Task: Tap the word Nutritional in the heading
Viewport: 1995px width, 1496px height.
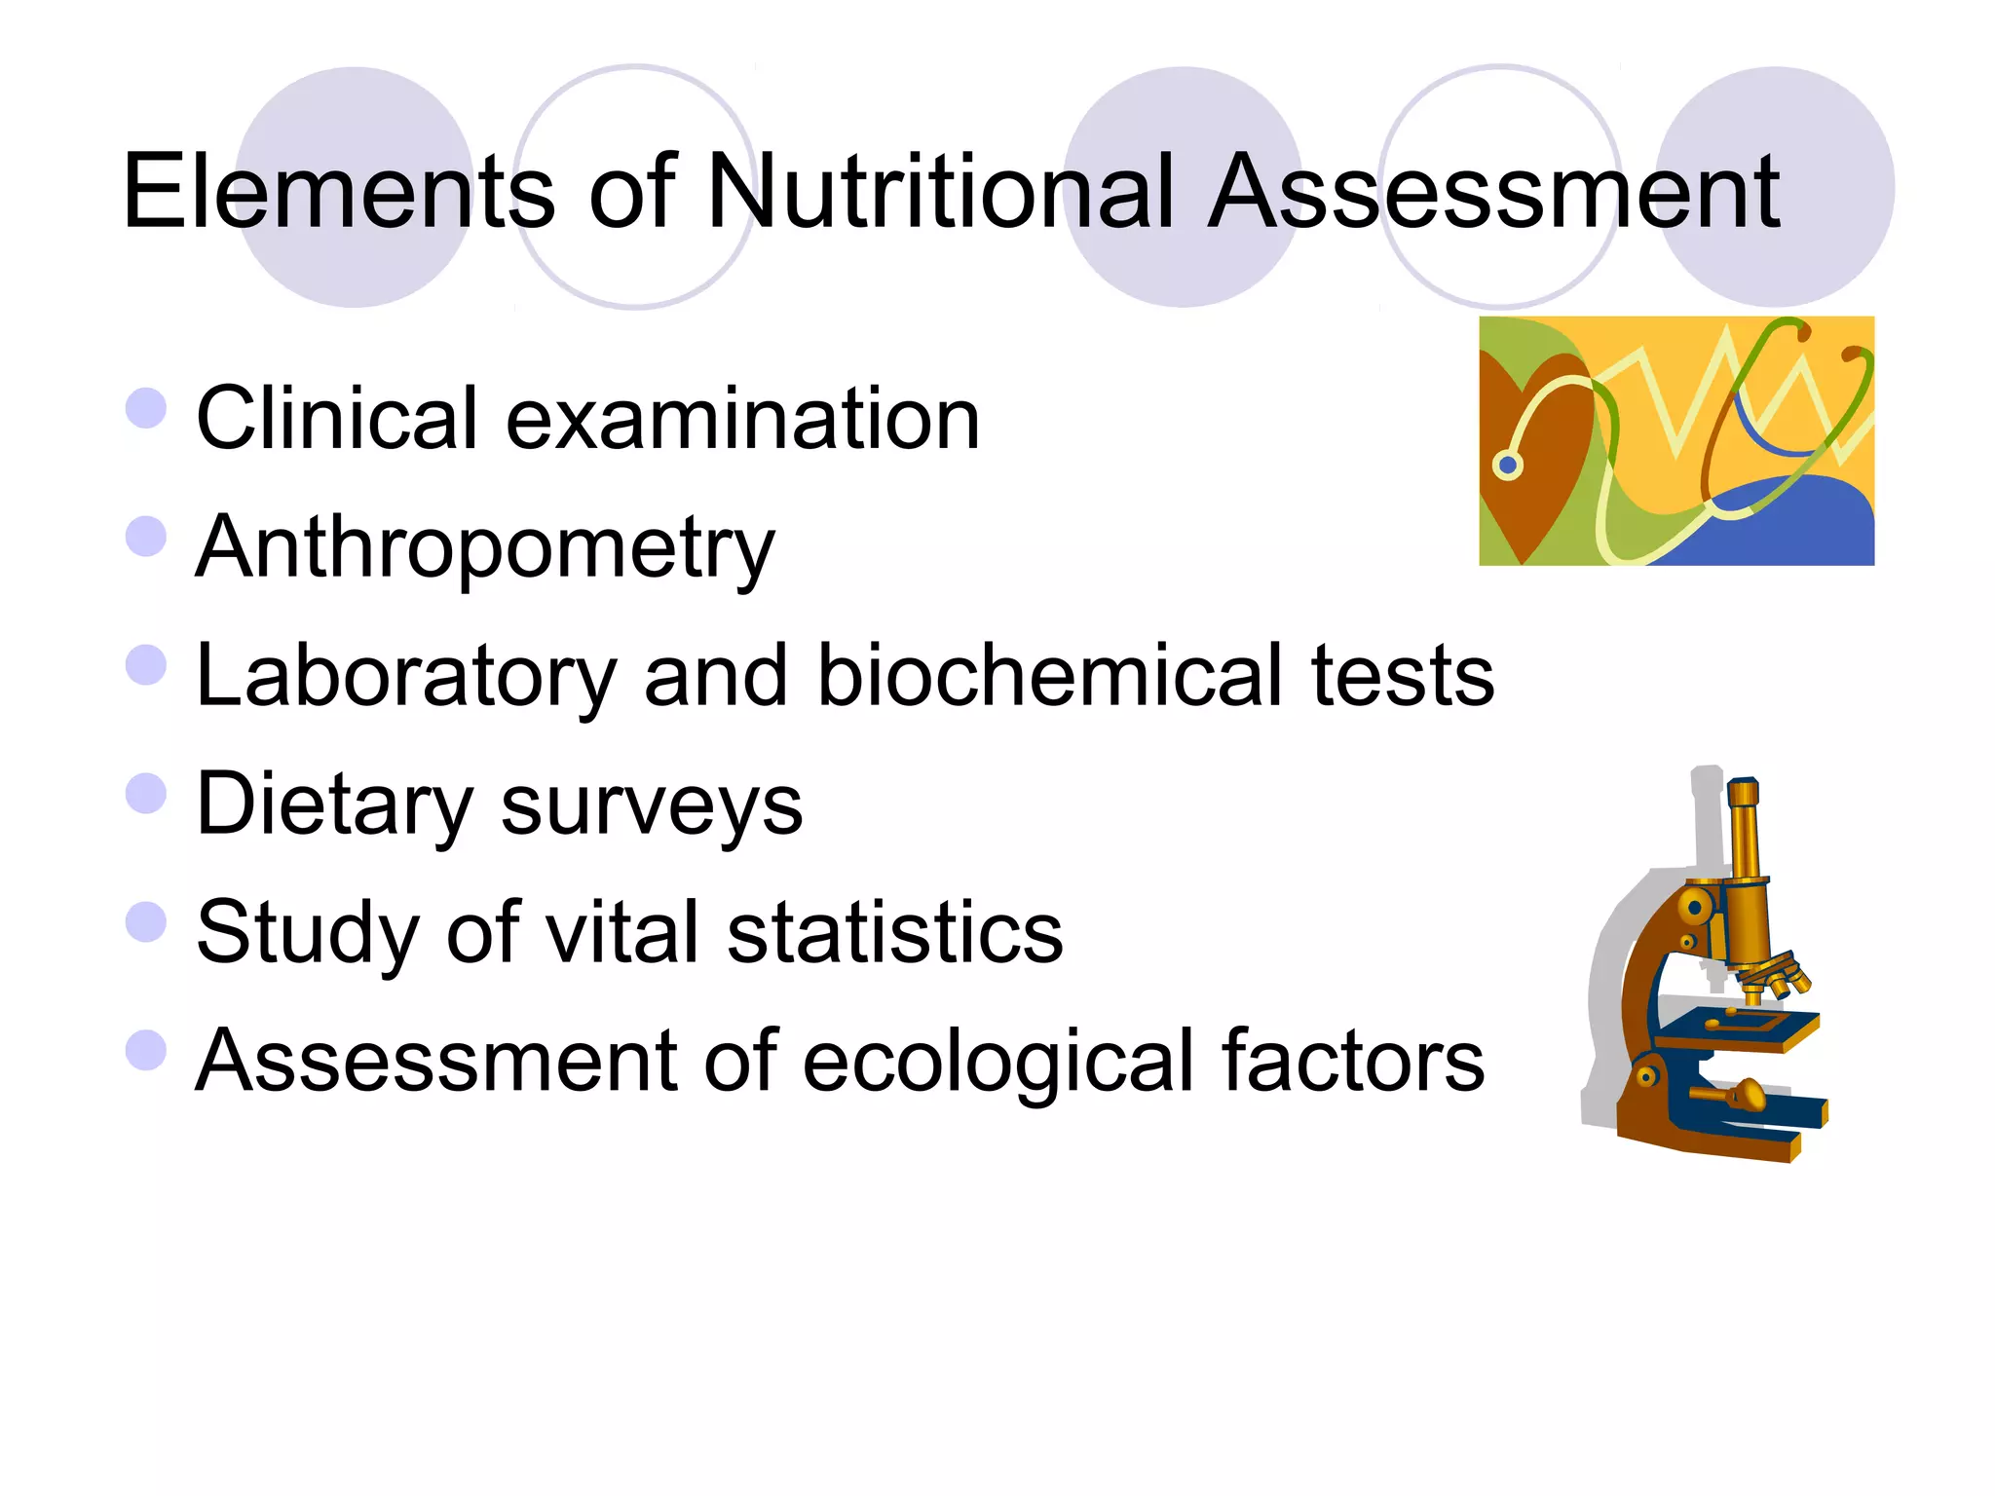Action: pyautogui.click(x=940, y=192)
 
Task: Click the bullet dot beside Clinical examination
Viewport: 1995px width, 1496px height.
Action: pyautogui.click(x=146, y=407)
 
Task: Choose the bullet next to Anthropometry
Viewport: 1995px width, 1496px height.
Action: pyautogui.click(x=146, y=537)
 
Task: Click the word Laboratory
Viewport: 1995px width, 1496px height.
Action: pyautogui.click(x=406, y=678)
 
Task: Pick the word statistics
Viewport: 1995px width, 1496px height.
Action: pyautogui.click(x=895, y=932)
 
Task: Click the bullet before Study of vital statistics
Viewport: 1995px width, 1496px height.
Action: pyautogui.click(x=146, y=922)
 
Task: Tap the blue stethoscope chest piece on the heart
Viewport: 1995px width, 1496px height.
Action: pyautogui.click(x=1508, y=465)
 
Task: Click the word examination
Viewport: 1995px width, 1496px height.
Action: pyautogui.click(x=742, y=419)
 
